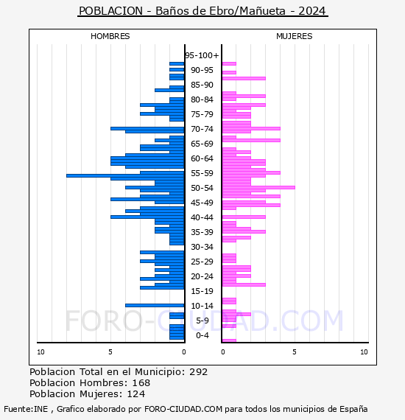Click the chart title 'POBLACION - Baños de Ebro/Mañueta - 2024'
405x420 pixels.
pos(202,11)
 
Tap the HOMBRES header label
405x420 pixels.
pos(110,36)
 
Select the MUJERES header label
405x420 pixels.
pos(295,36)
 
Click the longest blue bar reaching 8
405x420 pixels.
pos(125,175)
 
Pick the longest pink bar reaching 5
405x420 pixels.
pos(258,187)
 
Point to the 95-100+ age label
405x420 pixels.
pos(202,55)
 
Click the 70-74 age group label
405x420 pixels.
pos(202,129)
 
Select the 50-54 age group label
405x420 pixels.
pos(202,188)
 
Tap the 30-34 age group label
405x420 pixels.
pos(202,247)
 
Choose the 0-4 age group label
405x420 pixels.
pos(202,335)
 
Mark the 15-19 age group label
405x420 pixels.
pos(202,291)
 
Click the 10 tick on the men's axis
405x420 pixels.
pos(40,352)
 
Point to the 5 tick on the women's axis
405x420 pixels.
pos(295,352)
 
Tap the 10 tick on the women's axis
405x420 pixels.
pos(364,352)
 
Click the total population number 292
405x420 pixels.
pos(198,372)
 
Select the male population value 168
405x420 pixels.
pos(141,382)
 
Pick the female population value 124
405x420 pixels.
pos(136,393)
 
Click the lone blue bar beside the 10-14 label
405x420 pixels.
pos(155,305)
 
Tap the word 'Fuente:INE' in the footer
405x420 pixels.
pos(26,409)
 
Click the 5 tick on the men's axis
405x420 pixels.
pos(110,352)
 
